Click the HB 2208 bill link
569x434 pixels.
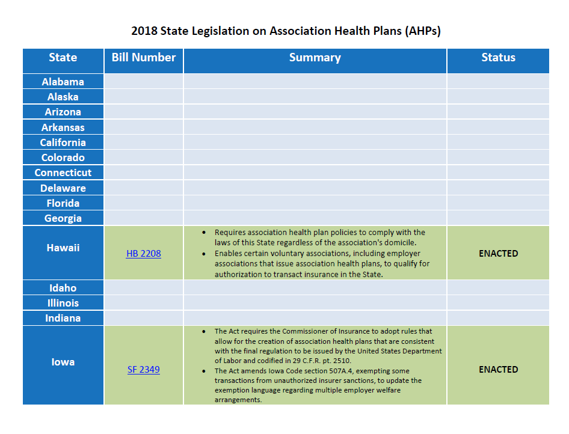[x=143, y=254]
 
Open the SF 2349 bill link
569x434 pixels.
[x=143, y=370]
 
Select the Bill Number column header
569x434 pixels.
[x=144, y=58]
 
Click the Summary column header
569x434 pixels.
[x=315, y=58]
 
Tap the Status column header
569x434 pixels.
[x=498, y=58]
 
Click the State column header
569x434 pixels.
[x=63, y=58]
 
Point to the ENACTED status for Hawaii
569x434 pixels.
[x=498, y=254]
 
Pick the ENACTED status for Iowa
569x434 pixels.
[x=498, y=370]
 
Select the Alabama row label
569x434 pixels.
[x=63, y=82]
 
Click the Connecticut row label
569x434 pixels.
[x=63, y=173]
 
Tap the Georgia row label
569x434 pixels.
[x=63, y=218]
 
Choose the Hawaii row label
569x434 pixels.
[x=63, y=248]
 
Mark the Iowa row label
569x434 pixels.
[x=63, y=362]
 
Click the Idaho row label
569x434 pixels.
[x=63, y=288]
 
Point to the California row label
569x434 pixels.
[x=63, y=142]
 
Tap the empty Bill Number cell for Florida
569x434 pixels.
[x=144, y=203]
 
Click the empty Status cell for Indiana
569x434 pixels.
[x=498, y=318]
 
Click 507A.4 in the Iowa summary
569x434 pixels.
[x=312, y=371]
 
